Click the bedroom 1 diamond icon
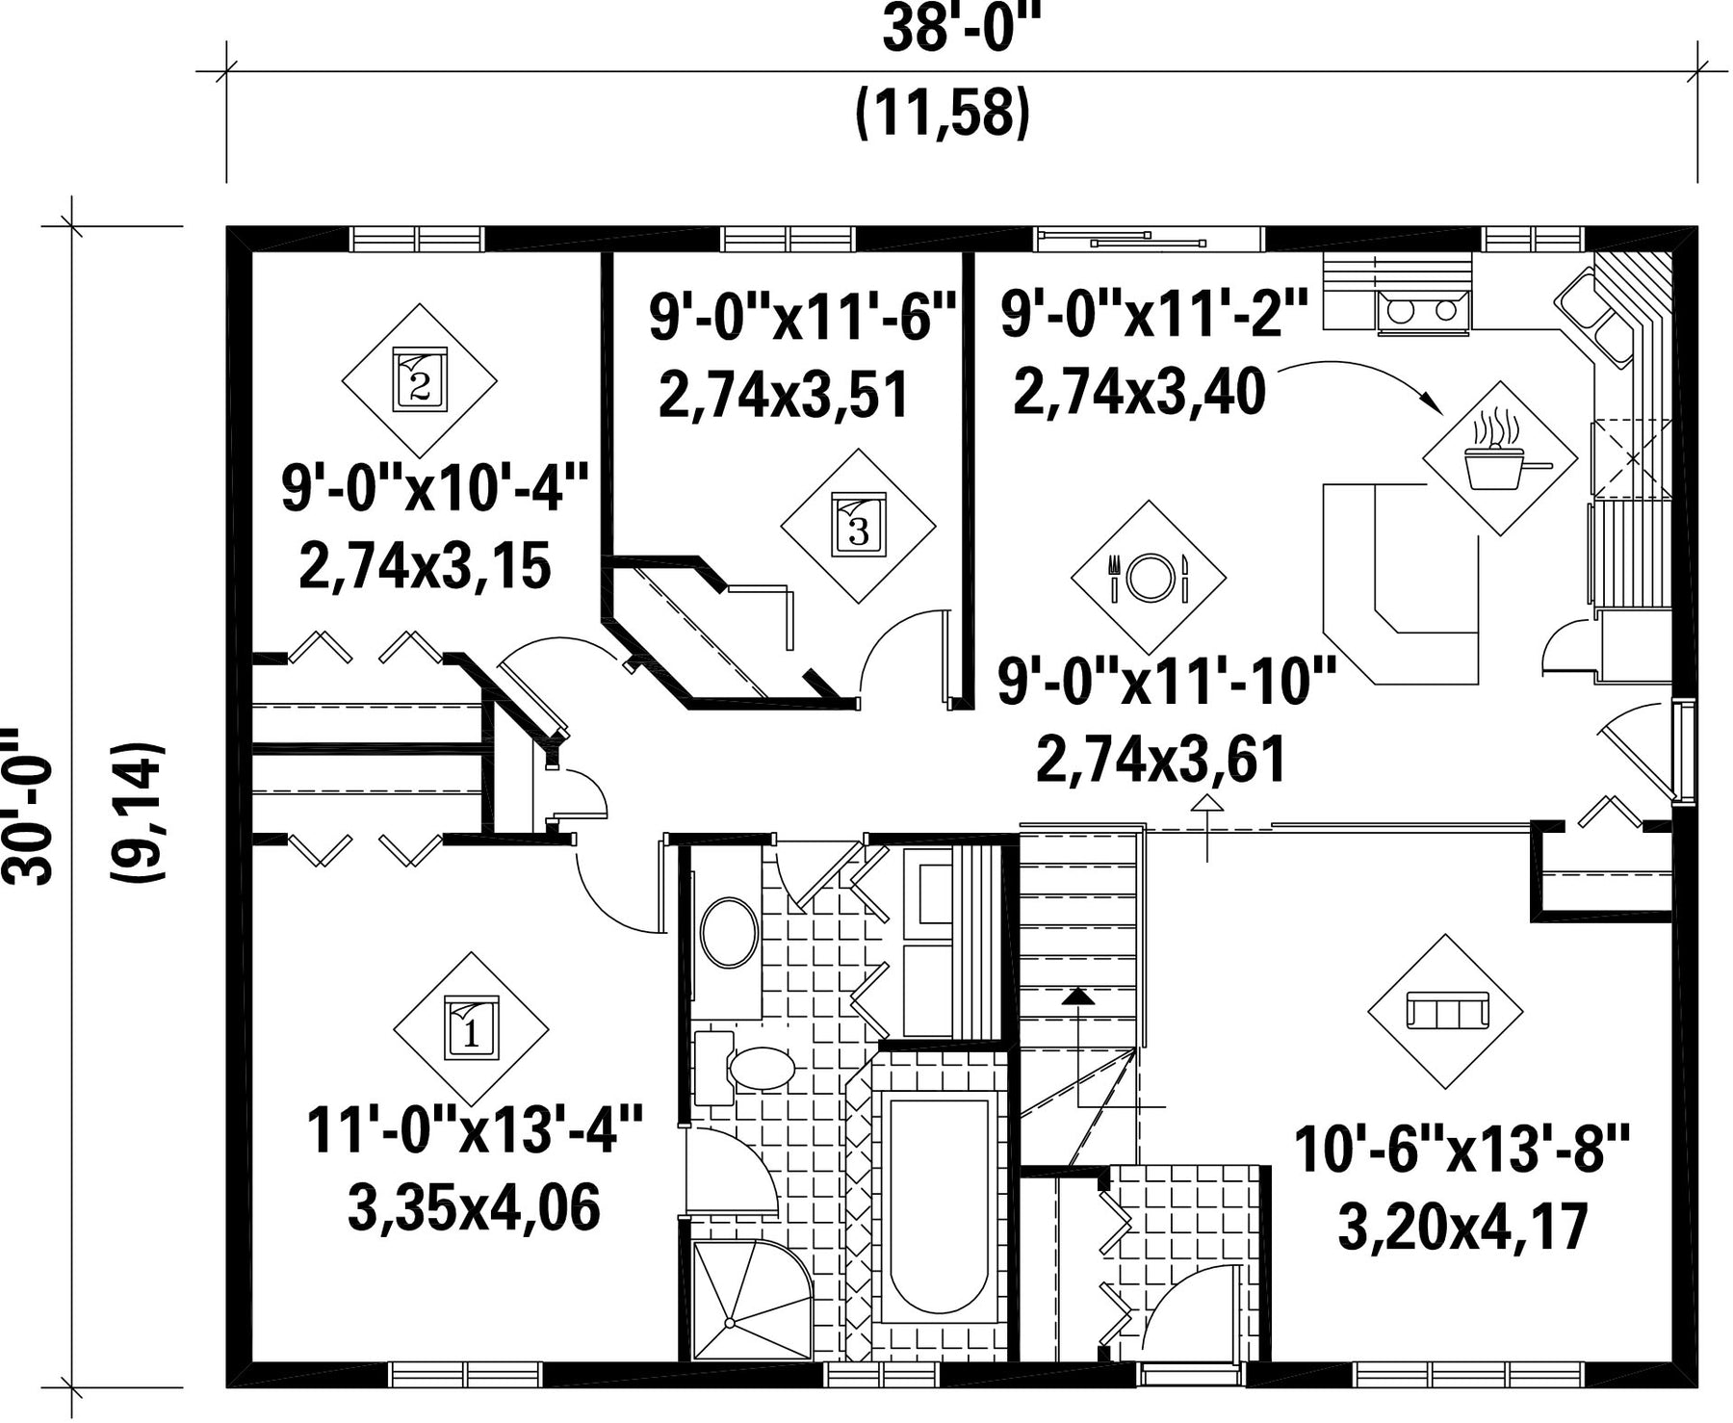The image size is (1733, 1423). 471,1029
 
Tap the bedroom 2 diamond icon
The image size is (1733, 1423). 420,380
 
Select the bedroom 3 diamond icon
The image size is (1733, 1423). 858,525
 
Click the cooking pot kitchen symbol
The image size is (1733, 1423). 1501,458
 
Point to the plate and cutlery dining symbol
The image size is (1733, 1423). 1149,577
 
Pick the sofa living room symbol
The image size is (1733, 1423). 1446,1012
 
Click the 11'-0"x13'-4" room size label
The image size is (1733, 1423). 475,1131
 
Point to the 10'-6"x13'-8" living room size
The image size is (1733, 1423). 1463,1150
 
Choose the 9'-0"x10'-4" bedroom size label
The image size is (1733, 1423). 434,489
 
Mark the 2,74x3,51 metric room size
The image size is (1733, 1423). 784,395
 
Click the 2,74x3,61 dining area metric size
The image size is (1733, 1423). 1161,760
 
